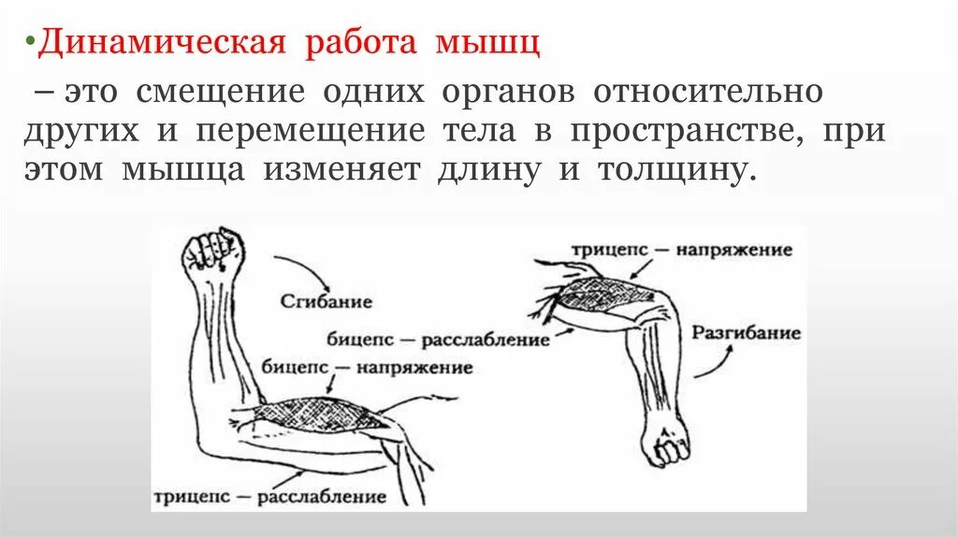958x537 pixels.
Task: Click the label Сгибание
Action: coord(326,301)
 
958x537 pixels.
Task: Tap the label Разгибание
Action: coord(747,333)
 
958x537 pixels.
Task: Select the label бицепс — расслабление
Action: coord(438,338)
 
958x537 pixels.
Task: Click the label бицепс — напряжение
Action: coord(368,368)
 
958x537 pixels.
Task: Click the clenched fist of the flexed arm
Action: coord(212,251)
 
